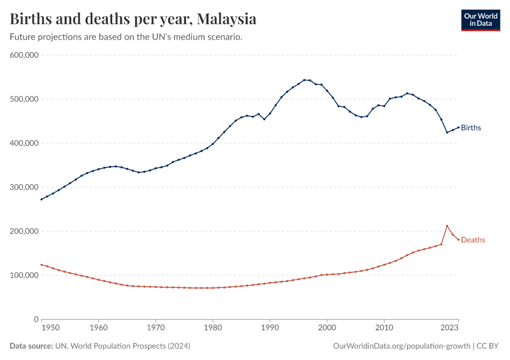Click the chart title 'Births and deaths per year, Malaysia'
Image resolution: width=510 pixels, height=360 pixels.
[x=133, y=19]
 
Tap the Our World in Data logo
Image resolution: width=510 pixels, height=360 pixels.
[x=480, y=19]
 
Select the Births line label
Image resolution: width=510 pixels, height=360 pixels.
[x=471, y=128]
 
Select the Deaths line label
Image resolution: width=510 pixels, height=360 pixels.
[x=473, y=240]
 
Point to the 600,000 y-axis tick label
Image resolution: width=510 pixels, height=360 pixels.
[x=25, y=55]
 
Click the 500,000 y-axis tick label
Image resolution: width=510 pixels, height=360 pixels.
[x=25, y=99]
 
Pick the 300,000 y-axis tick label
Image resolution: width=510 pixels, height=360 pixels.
[x=25, y=187]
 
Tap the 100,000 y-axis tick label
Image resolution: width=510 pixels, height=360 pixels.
[x=25, y=275]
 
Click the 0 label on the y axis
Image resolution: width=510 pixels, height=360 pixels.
[x=36, y=319]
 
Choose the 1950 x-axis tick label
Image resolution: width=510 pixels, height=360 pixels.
[x=50, y=328]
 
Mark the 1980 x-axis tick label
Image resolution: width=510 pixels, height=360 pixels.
[x=212, y=328]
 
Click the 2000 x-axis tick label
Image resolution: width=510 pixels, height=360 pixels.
[x=327, y=328]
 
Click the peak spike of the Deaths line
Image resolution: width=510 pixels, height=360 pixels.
[x=447, y=226]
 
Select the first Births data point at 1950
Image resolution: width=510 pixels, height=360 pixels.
[x=41, y=199]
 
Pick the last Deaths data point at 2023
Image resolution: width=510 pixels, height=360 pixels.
[x=458, y=240]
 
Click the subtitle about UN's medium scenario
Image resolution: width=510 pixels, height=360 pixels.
[x=126, y=37]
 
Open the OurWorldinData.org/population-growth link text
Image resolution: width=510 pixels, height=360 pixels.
[x=401, y=346]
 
